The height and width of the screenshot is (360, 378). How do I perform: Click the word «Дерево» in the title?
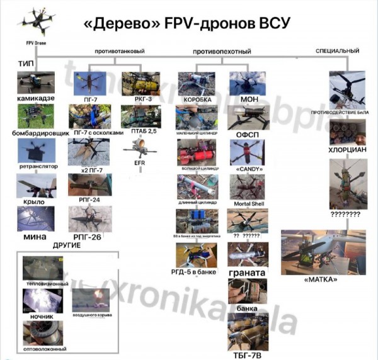tap(120, 24)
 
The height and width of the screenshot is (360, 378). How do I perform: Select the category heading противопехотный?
tap(222, 51)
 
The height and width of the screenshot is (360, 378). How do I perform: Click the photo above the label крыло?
tap(37, 186)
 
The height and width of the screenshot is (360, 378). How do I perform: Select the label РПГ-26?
tap(88, 237)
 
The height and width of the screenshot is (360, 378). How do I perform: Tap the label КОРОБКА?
tap(197, 99)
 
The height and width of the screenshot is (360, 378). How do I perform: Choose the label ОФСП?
tap(246, 134)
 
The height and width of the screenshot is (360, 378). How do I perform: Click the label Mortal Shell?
tap(247, 205)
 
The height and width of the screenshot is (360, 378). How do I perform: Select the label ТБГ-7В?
tap(248, 355)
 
